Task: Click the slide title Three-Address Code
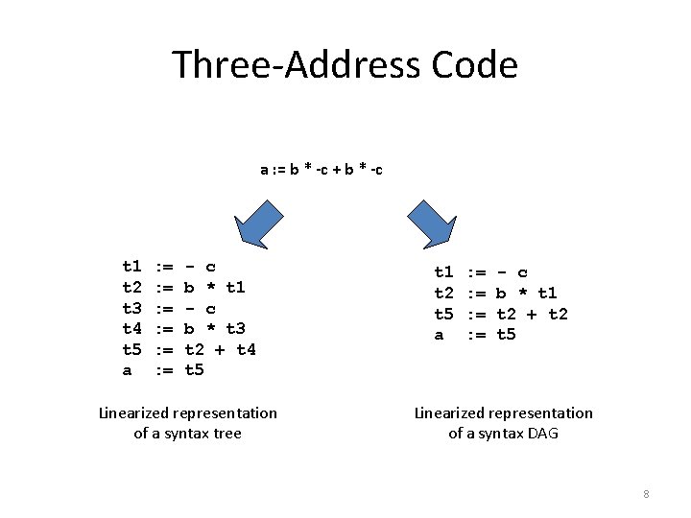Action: [x=345, y=65]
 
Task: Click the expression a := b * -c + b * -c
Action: [x=322, y=170]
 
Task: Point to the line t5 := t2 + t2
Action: [x=502, y=314]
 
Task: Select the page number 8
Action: [x=646, y=494]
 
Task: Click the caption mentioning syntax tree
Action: [x=188, y=423]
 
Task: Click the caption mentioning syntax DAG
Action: [x=503, y=423]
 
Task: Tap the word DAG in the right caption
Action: [x=541, y=434]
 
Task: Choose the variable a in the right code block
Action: [x=440, y=335]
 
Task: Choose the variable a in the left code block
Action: [x=127, y=370]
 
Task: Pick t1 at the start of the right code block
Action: [x=444, y=272]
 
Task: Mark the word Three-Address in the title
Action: [x=292, y=65]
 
